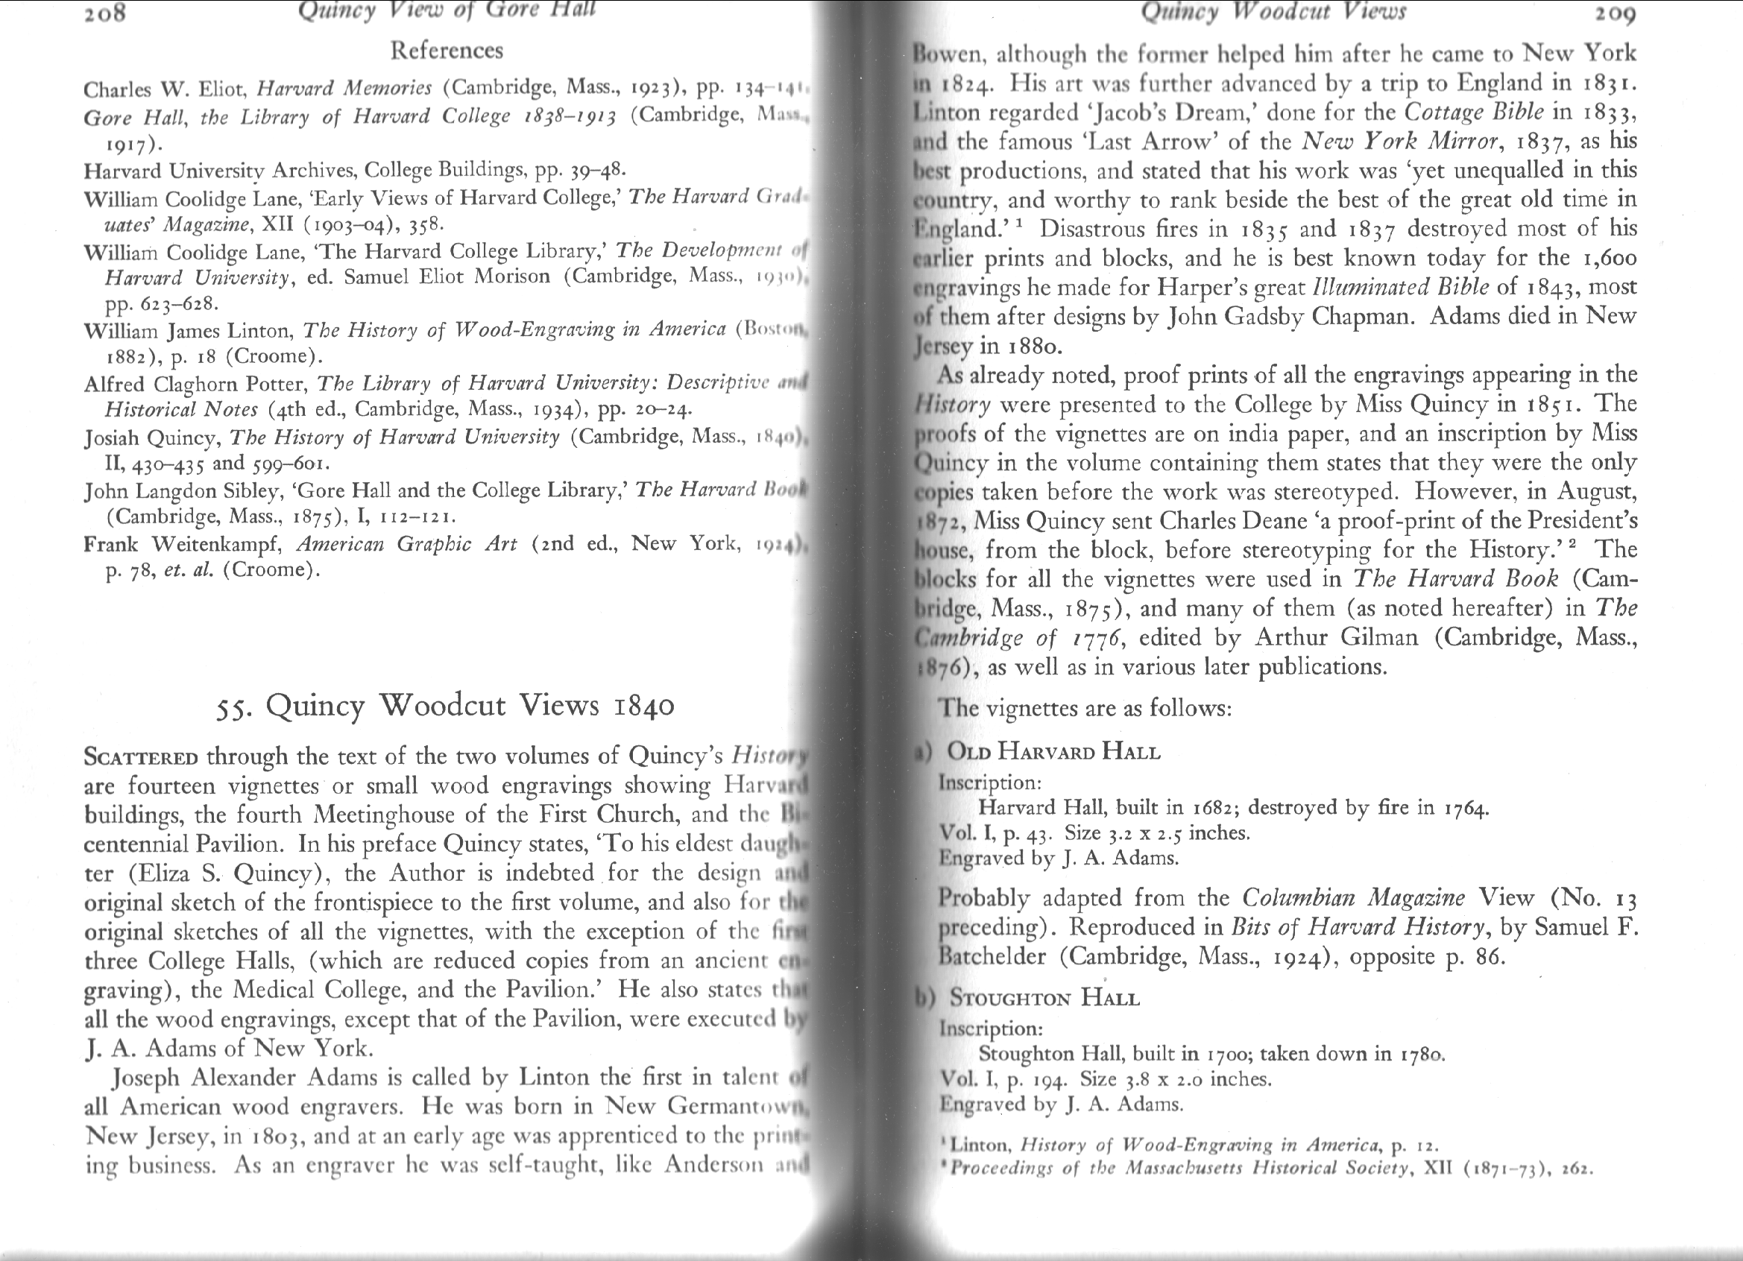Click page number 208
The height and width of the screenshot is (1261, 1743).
coord(105,13)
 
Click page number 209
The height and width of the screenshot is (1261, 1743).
coord(1615,13)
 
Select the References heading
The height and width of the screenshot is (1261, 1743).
coord(447,51)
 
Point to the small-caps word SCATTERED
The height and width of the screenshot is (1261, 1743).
coord(140,757)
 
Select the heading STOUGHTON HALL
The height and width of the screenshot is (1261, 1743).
coord(1044,998)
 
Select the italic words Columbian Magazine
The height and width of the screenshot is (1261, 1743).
coord(1353,897)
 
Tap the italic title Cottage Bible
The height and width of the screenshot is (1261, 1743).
coord(1473,113)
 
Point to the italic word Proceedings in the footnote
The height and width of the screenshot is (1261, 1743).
coord(1002,1169)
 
